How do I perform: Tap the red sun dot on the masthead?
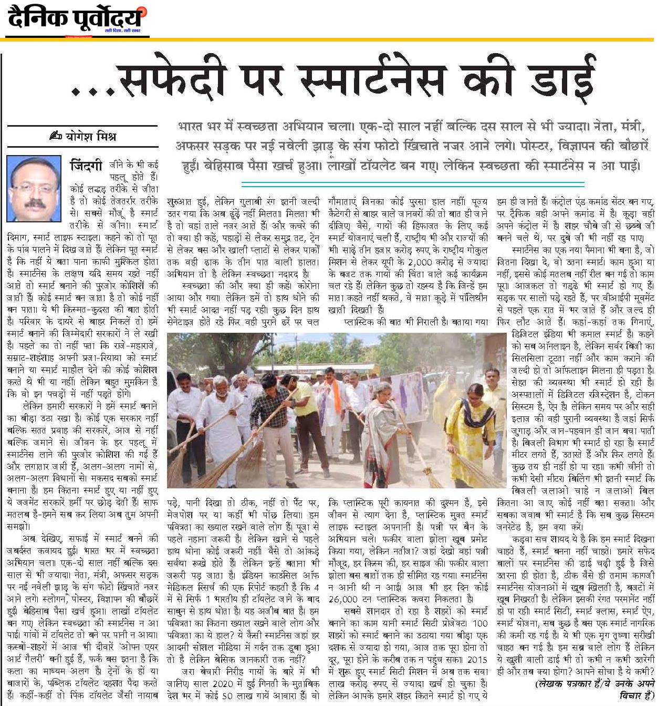pyautogui.click(x=144, y=12)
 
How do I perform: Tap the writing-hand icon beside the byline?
pyautogui.click(x=55, y=137)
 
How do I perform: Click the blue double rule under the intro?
pyautogui.click(x=412, y=183)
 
